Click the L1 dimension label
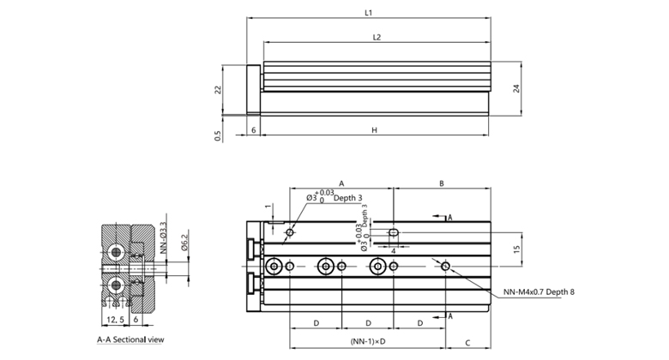(367, 14)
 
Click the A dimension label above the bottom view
(341, 183)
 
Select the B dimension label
(441, 183)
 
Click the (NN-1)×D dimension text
(368, 342)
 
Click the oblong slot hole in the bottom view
(393, 232)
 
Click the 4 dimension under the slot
(392, 250)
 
